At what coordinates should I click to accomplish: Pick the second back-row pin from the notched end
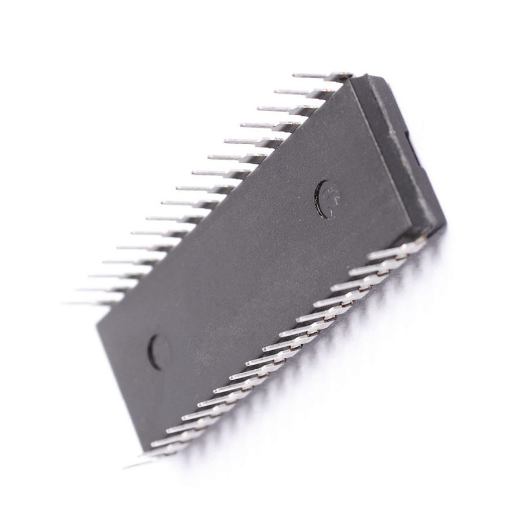pos(301,92)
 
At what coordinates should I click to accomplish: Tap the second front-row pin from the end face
pos(377,267)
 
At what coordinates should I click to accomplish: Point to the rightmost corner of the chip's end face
pos(445,222)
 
